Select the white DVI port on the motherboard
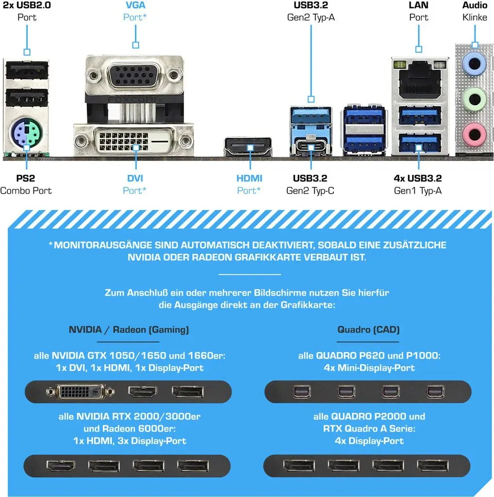click(x=133, y=141)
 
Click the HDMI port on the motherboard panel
click(x=248, y=147)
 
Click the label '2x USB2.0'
click(x=27, y=5)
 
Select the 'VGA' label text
click(x=135, y=5)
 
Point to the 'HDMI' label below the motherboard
click(x=249, y=178)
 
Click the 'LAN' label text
click(x=419, y=5)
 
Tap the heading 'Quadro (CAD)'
click(x=368, y=330)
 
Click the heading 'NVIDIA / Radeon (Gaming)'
click(x=129, y=330)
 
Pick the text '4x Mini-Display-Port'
click(x=369, y=368)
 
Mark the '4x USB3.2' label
click(x=418, y=178)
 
